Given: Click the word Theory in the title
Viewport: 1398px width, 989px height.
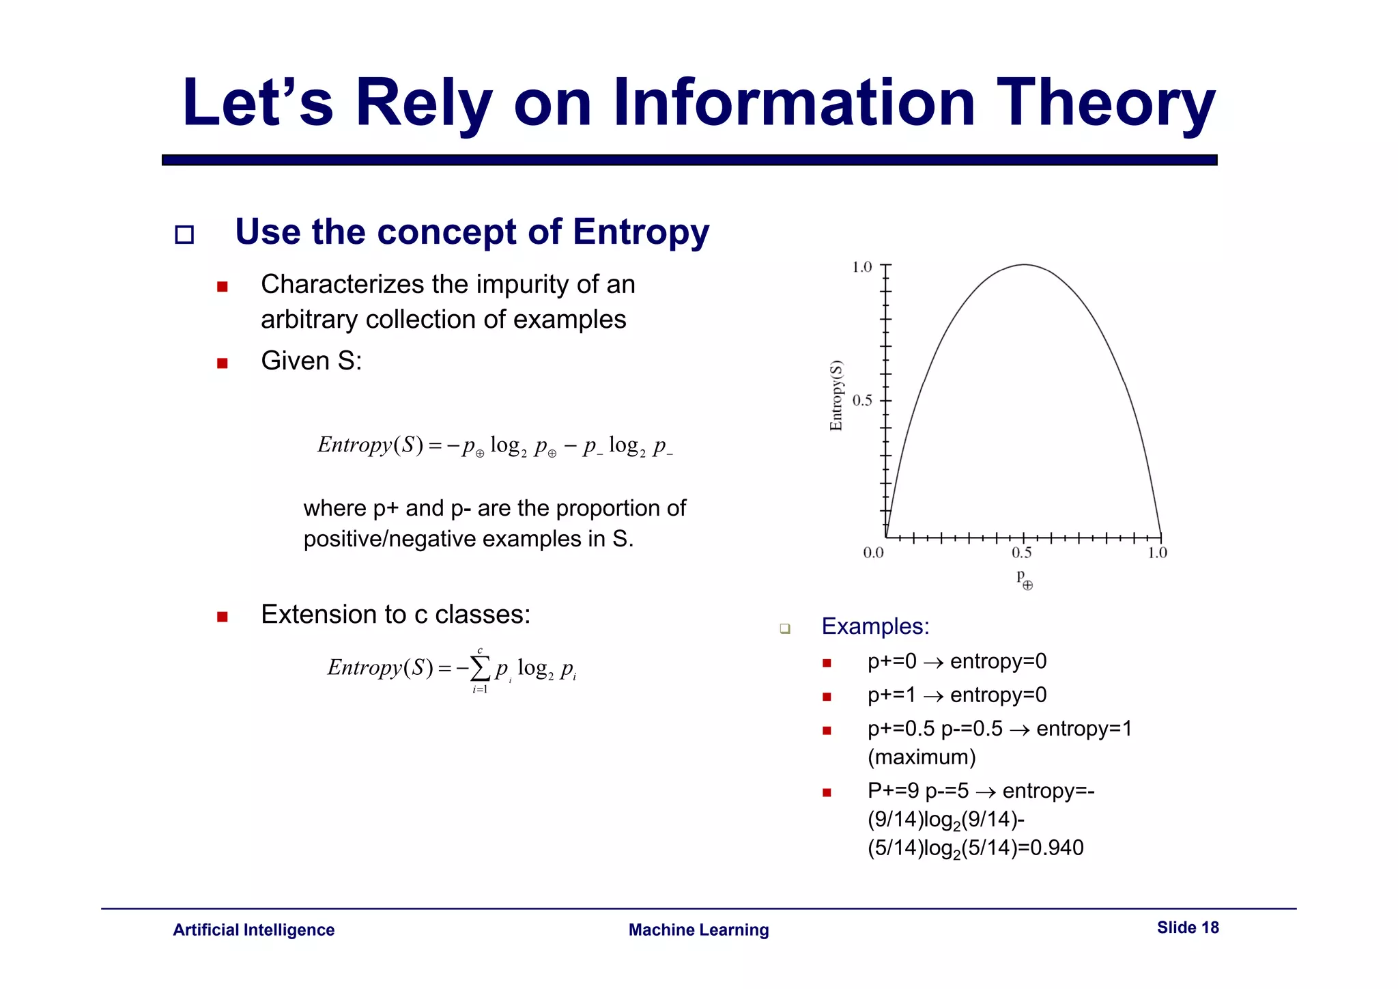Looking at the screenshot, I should tap(1105, 104).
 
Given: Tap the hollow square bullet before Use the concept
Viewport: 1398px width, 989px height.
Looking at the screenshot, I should tap(184, 235).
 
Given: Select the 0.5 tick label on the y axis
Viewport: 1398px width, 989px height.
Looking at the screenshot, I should tap(862, 400).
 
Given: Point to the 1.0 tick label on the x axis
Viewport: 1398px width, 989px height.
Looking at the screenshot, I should tap(1157, 553).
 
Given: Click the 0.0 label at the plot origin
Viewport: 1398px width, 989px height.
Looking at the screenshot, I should tap(873, 553).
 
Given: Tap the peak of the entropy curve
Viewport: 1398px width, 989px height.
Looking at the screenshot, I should tap(1024, 265).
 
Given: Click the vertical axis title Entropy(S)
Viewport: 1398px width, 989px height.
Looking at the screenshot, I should tap(836, 395).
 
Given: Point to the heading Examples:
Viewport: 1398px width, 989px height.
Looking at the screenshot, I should tap(875, 626).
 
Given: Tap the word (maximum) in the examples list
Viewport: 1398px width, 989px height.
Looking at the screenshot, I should tap(922, 757).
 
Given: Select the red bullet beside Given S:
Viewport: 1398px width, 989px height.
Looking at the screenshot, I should tap(222, 363).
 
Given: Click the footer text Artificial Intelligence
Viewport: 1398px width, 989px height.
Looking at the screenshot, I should tap(253, 930).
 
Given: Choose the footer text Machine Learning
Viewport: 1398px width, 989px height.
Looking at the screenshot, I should tap(698, 930).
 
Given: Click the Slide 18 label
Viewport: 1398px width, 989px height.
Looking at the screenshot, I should tap(1187, 928).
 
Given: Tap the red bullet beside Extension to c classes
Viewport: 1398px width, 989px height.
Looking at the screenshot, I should tap(222, 617).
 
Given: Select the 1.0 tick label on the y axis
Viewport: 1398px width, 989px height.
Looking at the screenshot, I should tap(862, 267).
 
